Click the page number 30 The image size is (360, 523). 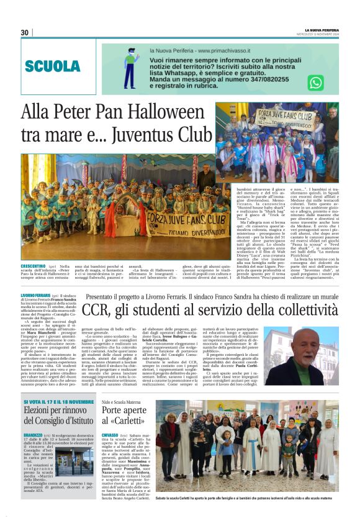click(x=25, y=33)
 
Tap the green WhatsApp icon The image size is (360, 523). click(x=316, y=82)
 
